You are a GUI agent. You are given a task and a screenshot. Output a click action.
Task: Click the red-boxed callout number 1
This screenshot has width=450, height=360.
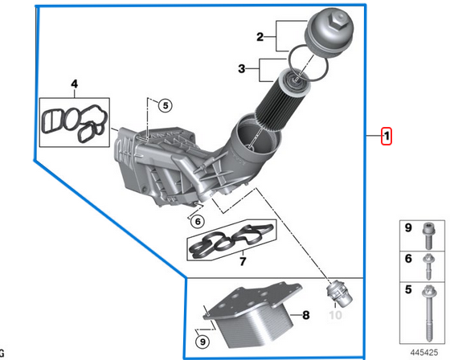click(387, 136)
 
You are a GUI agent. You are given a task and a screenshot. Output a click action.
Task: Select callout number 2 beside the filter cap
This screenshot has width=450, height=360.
click(260, 36)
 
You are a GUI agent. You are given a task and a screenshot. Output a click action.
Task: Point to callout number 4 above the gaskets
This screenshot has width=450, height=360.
click(74, 83)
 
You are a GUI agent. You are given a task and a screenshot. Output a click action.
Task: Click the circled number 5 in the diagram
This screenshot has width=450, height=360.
click(165, 104)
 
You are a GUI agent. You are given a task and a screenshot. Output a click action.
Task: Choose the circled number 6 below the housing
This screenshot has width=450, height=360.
click(198, 221)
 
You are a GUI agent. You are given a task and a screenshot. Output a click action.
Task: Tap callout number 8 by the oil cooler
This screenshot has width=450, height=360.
click(305, 316)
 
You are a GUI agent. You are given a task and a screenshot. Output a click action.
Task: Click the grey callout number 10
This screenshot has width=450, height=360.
click(335, 316)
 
